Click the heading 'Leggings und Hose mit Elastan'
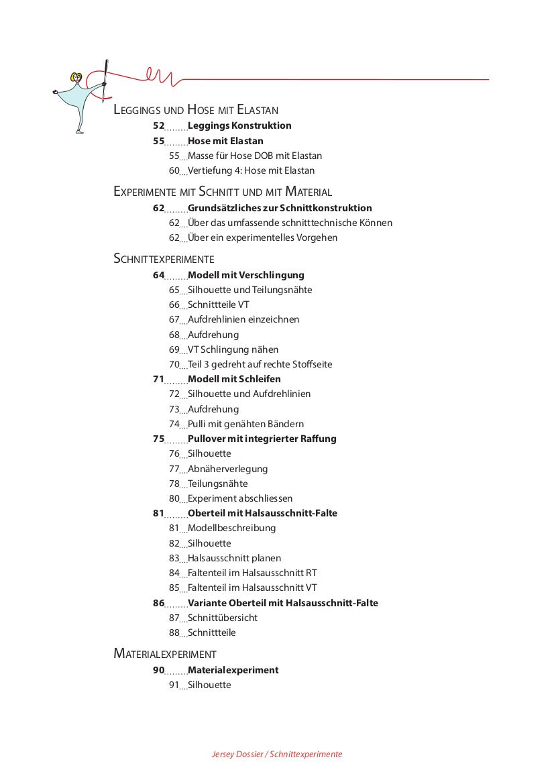[x=196, y=110]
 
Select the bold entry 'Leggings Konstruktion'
[x=239, y=125]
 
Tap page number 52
[x=158, y=125]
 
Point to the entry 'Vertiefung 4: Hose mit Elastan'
[x=251, y=171]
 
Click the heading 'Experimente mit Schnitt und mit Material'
[x=223, y=192]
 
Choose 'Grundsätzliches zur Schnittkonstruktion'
[x=280, y=208]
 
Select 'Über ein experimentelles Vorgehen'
[x=262, y=238]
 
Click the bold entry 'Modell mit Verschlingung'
[x=245, y=275]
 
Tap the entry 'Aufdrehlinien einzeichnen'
[x=243, y=320]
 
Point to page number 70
[x=174, y=365]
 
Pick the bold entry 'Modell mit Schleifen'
[x=234, y=380]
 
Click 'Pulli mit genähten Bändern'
[x=245, y=425]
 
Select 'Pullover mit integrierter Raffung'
[x=262, y=439]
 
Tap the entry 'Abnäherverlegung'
[x=227, y=469]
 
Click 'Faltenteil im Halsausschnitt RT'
[x=252, y=573]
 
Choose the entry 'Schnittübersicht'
[x=223, y=618]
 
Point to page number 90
[x=158, y=671]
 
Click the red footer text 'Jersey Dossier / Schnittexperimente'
[x=277, y=754]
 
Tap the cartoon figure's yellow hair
[x=76, y=77]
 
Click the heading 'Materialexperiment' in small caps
[x=165, y=654]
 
